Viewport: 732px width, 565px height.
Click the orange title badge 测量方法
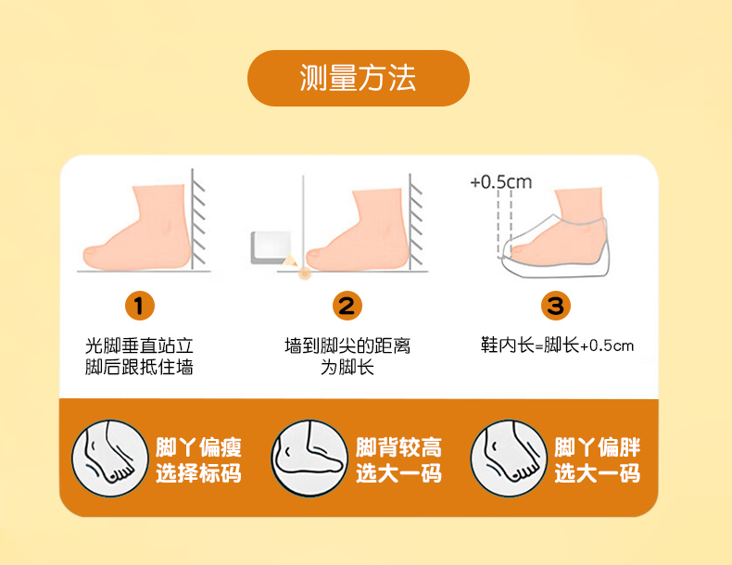pyautogui.click(x=358, y=78)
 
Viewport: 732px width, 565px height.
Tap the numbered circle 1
pyautogui.click(x=140, y=306)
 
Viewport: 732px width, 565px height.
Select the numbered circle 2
pyautogui.click(x=347, y=306)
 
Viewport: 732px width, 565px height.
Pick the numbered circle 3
pyautogui.click(x=556, y=306)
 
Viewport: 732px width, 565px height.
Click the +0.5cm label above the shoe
pyautogui.click(x=501, y=182)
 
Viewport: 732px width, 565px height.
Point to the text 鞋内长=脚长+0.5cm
pyautogui.click(x=558, y=345)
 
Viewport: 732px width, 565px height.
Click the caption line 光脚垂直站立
pyautogui.click(x=139, y=345)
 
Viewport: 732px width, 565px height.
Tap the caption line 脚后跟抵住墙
pyautogui.click(x=139, y=367)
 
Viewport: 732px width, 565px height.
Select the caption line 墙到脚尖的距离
pyautogui.click(x=347, y=345)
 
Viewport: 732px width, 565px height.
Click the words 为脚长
pyautogui.click(x=347, y=367)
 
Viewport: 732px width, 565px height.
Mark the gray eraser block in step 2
pyautogui.click(x=271, y=247)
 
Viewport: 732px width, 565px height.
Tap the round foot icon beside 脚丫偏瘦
pyautogui.click(x=109, y=458)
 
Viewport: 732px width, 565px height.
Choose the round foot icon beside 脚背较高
pyautogui.click(x=309, y=458)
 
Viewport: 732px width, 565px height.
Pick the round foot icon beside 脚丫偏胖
pyautogui.click(x=509, y=458)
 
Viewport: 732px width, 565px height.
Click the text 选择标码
pyautogui.click(x=198, y=473)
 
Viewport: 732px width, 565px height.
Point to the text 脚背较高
pyautogui.click(x=398, y=447)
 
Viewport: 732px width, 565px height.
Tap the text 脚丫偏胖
pyautogui.click(x=597, y=447)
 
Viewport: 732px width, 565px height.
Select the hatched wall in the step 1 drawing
pyautogui.click(x=198, y=220)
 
